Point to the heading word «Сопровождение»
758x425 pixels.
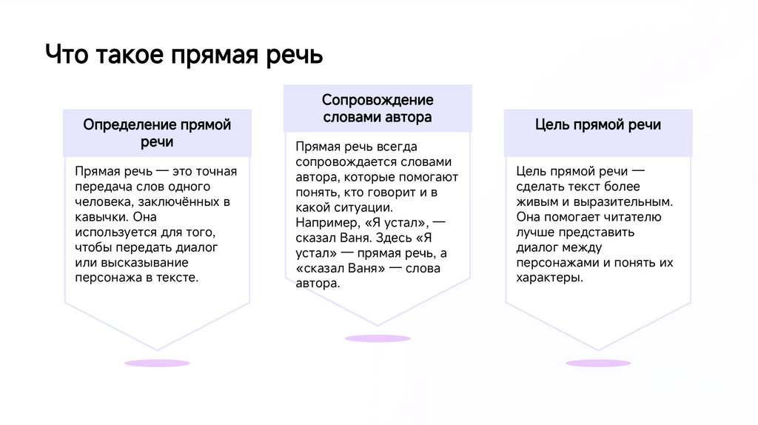point(378,100)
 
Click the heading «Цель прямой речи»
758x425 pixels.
point(598,124)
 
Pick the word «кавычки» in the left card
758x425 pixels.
point(101,217)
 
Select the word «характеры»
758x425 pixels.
point(549,278)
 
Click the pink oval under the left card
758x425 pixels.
point(157,364)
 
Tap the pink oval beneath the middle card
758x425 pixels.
point(378,338)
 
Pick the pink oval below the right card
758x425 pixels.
point(597,364)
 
